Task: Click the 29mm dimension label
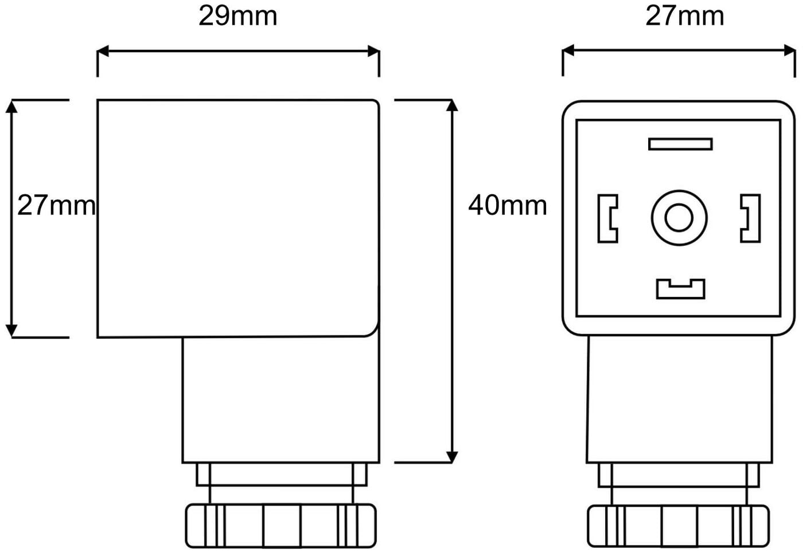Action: point(237,16)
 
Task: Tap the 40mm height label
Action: point(508,205)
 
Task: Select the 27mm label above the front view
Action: point(684,16)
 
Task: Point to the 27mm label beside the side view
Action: point(56,205)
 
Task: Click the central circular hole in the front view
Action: point(679,218)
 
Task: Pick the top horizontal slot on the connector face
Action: point(680,144)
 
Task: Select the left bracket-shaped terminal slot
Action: point(607,218)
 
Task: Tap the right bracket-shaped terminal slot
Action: point(750,218)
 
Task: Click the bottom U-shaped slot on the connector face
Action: point(680,289)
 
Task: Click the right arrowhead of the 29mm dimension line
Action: point(373,52)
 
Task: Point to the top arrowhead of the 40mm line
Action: point(452,105)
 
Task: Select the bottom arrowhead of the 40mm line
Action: point(452,456)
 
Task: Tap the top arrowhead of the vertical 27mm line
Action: point(11,106)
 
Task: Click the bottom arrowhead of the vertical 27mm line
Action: point(11,331)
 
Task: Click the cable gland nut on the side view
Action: point(280,526)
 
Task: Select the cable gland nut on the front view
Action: point(679,526)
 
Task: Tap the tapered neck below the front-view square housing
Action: point(680,399)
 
